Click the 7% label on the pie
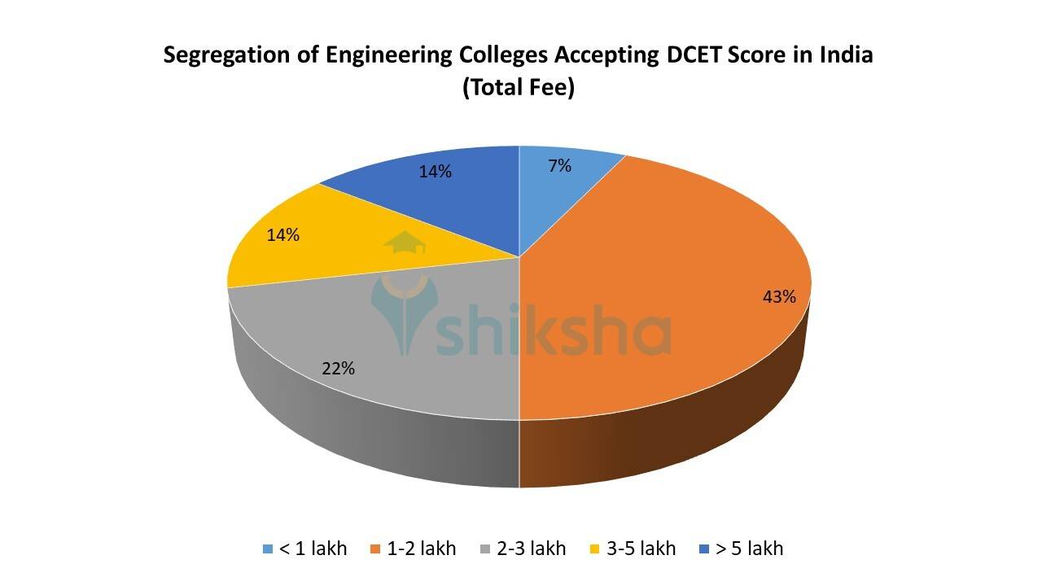559,166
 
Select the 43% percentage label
779,297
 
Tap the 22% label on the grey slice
338,368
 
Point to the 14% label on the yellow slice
283,235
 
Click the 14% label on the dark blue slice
436,172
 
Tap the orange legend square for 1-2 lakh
375,549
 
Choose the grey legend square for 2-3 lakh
486,549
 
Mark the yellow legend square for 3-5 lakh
596,549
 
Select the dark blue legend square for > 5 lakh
705,549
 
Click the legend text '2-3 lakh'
531,549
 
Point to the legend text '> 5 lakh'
749,549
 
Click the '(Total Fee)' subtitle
519,87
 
